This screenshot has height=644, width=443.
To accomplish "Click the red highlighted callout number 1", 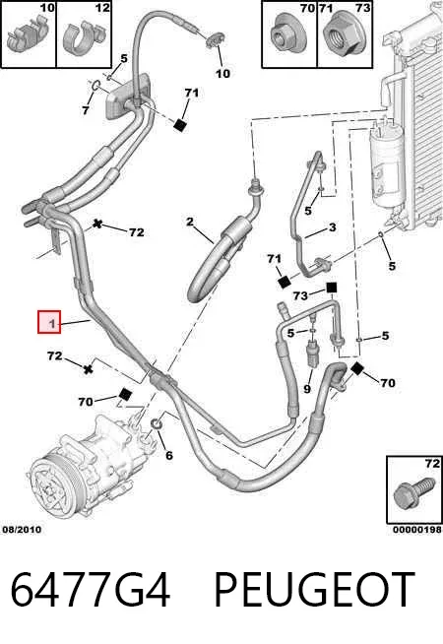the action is pyautogui.click(x=49, y=322).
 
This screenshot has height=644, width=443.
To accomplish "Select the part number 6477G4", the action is pyautogui.click(x=91, y=589).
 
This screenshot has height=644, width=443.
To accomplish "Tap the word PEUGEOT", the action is pyautogui.click(x=314, y=589).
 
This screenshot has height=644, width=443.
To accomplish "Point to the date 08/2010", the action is pyautogui.click(x=22, y=530).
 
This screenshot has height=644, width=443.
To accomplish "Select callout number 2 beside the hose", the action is pyautogui.click(x=189, y=222).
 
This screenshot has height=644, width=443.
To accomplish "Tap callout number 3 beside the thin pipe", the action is pyautogui.click(x=332, y=227).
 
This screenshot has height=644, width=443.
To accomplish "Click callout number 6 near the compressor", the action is pyautogui.click(x=168, y=455).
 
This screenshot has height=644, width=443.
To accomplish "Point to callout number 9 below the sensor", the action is pyautogui.click(x=307, y=388).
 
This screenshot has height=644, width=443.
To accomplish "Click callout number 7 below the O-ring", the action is pyautogui.click(x=86, y=110).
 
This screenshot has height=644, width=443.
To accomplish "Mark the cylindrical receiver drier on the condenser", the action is pyautogui.click(x=387, y=165).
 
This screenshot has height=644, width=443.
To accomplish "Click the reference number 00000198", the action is pyautogui.click(x=417, y=530).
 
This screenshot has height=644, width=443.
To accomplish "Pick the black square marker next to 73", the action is pyautogui.click(x=332, y=288).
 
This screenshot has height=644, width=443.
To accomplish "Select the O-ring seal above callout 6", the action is pyautogui.click(x=157, y=424).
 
